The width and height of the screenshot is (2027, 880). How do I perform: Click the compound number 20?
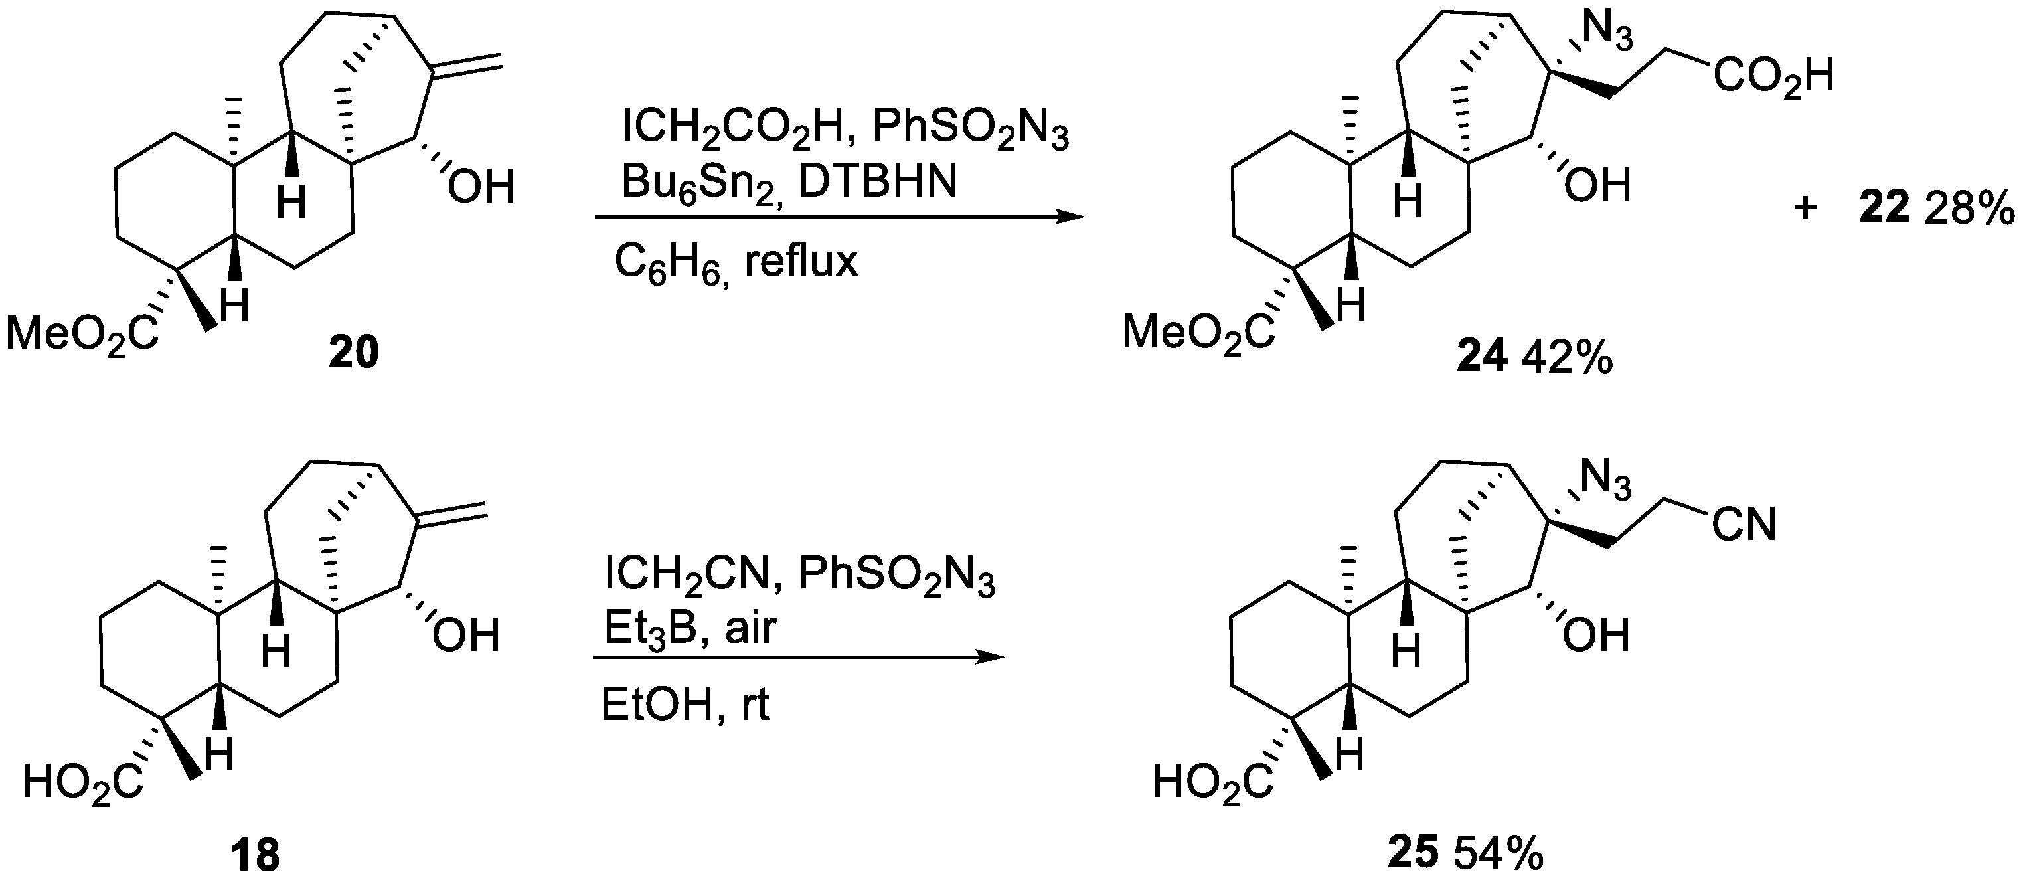[x=354, y=352]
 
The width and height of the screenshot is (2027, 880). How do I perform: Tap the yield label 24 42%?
[x=1534, y=359]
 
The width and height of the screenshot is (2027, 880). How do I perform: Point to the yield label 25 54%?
[x=1465, y=854]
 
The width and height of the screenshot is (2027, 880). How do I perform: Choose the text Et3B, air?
[x=690, y=628]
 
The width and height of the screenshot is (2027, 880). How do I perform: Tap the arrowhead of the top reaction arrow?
[x=1070, y=217]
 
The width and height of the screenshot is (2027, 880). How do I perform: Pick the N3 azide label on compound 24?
[x=1607, y=35]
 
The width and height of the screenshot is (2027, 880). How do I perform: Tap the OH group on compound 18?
[x=466, y=636]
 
